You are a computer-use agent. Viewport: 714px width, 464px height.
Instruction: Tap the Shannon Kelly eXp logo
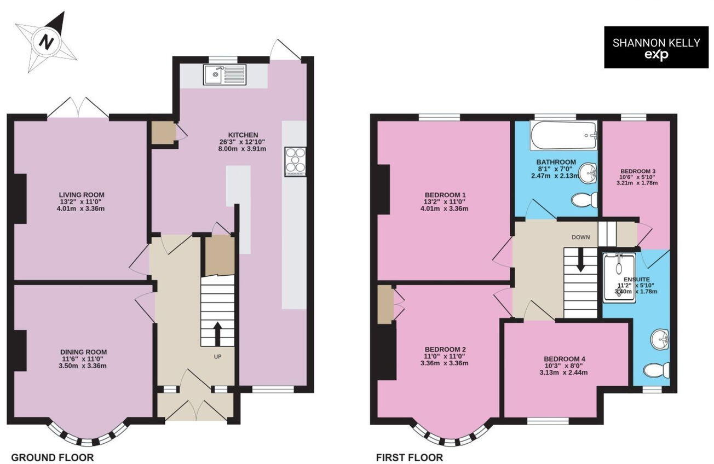(x=657, y=48)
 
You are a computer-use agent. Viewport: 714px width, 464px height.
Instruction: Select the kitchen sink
(x=225, y=75)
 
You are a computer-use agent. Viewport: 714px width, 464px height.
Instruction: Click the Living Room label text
(x=82, y=195)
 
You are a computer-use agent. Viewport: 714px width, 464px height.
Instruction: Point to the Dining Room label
(x=83, y=352)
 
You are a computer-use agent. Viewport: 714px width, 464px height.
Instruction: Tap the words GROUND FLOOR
(x=53, y=457)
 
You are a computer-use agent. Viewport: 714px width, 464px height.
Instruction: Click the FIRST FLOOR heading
(x=410, y=457)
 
